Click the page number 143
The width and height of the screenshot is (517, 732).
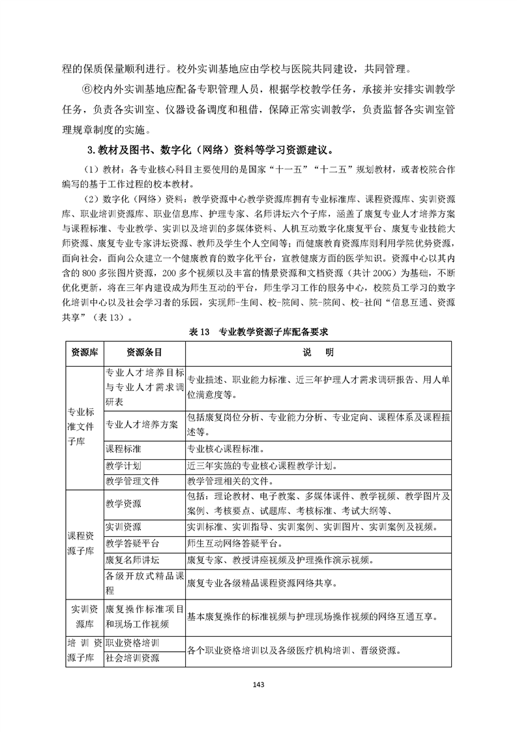point(259,684)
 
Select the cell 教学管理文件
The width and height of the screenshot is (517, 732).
point(132,481)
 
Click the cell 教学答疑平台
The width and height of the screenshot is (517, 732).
point(132,543)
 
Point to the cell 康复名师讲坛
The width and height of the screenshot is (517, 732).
point(132,559)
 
